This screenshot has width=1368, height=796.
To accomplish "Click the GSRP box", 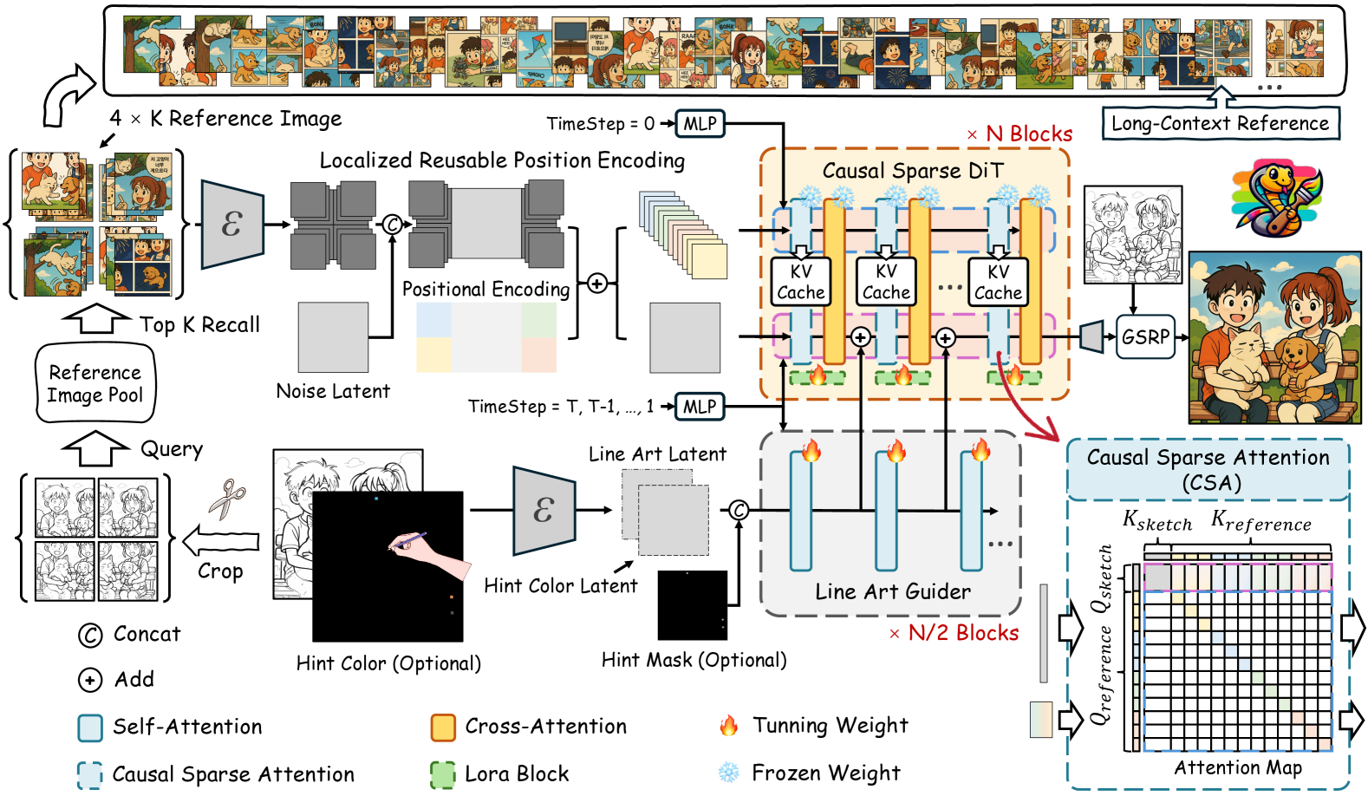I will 1144,336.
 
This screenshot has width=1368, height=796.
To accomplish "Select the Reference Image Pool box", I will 95,383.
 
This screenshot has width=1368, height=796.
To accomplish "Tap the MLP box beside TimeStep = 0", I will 700,124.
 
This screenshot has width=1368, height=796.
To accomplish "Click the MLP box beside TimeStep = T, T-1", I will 700,407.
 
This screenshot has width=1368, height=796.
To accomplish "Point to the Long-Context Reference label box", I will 1220,123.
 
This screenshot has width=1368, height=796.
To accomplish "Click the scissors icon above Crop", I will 227,499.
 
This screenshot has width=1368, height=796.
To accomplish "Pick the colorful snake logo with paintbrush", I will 1276,199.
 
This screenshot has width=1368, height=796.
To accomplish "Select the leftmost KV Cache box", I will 800,282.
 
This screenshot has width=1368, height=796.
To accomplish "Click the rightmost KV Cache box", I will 998,282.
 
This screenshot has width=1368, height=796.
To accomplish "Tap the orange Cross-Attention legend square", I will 443,727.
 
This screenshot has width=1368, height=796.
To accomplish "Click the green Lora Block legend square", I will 443,774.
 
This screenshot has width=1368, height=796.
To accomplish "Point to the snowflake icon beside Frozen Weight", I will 729,773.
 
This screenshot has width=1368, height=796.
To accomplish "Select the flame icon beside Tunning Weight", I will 729,726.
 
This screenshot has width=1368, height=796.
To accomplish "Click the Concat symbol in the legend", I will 90,635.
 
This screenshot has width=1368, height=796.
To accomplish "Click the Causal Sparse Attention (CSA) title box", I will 1208,470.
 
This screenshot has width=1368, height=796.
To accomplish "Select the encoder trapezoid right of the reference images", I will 231,225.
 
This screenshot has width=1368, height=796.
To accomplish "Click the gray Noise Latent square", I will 333,337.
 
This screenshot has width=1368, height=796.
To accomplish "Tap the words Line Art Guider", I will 893,591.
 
